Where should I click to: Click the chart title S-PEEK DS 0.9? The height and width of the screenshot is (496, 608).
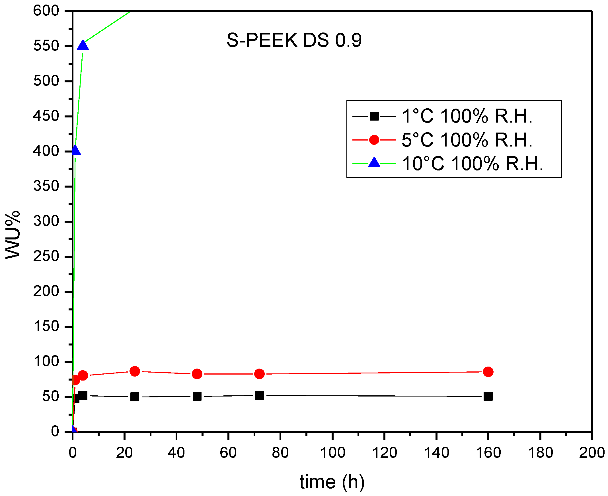[x=294, y=40]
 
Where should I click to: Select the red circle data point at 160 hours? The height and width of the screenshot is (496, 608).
[x=488, y=372]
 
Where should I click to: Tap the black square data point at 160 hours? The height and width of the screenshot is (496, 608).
[x=488, y=396]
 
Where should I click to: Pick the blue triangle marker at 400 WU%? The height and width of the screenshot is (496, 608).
[x=75, y=150]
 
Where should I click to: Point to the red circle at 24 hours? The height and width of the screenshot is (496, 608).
[x=135, y=371]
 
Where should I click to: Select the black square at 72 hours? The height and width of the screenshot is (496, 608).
[x=259, y=396]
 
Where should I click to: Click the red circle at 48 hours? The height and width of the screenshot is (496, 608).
[x=197, y=374]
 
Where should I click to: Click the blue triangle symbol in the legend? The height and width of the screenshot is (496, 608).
[x=374, y=163]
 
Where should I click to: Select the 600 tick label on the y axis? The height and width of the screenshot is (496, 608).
[x=46, y=11]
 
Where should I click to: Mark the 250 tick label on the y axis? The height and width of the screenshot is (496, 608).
[x=46, y=256]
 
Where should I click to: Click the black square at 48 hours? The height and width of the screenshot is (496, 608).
[x=197, y=396]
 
